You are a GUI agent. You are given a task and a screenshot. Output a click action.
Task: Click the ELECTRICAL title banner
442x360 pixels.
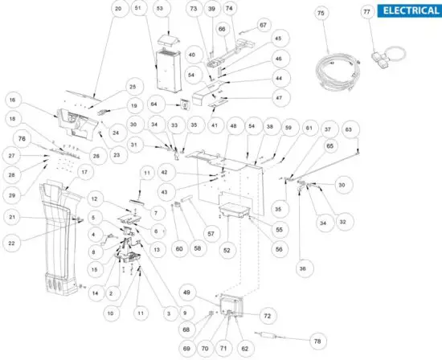409,10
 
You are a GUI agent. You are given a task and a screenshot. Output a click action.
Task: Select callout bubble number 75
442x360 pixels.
321,14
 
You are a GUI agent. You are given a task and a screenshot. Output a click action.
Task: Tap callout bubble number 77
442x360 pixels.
367,13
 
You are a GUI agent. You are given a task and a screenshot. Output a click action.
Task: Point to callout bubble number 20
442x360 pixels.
118,9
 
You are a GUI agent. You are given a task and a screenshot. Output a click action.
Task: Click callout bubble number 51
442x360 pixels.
137,9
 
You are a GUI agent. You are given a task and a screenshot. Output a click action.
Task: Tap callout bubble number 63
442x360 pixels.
348,129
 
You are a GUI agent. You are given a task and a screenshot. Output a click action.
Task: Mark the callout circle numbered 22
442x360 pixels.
12,239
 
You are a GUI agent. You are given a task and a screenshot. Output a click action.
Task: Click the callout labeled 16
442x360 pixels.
12,100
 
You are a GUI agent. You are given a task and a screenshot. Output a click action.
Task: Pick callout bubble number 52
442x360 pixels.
227,251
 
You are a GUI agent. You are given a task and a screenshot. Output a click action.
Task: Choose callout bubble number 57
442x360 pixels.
213,233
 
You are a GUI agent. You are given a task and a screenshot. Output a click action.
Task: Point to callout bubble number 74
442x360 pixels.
229,9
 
